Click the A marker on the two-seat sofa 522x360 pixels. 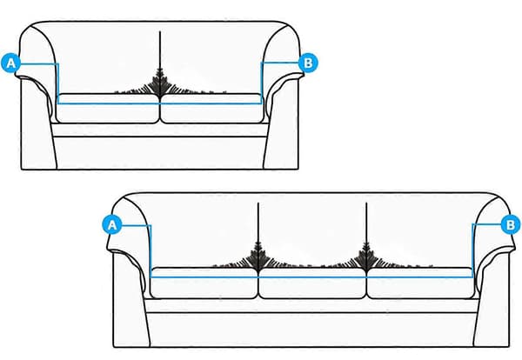[x=10, y=63]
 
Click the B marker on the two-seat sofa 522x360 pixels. [x=308, y=63]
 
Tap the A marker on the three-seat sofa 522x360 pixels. [x=112, y=225]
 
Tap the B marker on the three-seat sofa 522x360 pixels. [x=510, y=224]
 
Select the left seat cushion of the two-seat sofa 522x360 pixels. [x=108, y=109]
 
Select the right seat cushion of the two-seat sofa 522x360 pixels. [x=212, y=109]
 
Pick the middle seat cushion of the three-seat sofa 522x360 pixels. [x=312, y=283]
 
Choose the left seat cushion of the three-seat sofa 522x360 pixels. [x=204, y=283]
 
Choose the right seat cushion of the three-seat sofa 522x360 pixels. [x=421, y=283]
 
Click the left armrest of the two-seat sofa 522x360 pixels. [x=37, y=97]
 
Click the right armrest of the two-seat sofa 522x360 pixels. [x=282, y=97]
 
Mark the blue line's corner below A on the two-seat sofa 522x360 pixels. [x=58, y=103]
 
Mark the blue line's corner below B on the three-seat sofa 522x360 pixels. [x=472, y=277]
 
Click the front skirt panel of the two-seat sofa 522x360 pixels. [x=160, y=152]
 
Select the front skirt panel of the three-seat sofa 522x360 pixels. [x=313, y=330]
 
